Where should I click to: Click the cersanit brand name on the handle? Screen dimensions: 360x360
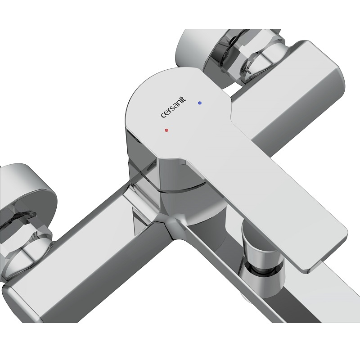(x=173, y=107)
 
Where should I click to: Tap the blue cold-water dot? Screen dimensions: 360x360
(x=200, y=103)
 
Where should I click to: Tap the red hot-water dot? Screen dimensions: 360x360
(x=166, y=130)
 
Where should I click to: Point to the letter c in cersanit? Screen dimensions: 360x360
(x=163, y=115)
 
